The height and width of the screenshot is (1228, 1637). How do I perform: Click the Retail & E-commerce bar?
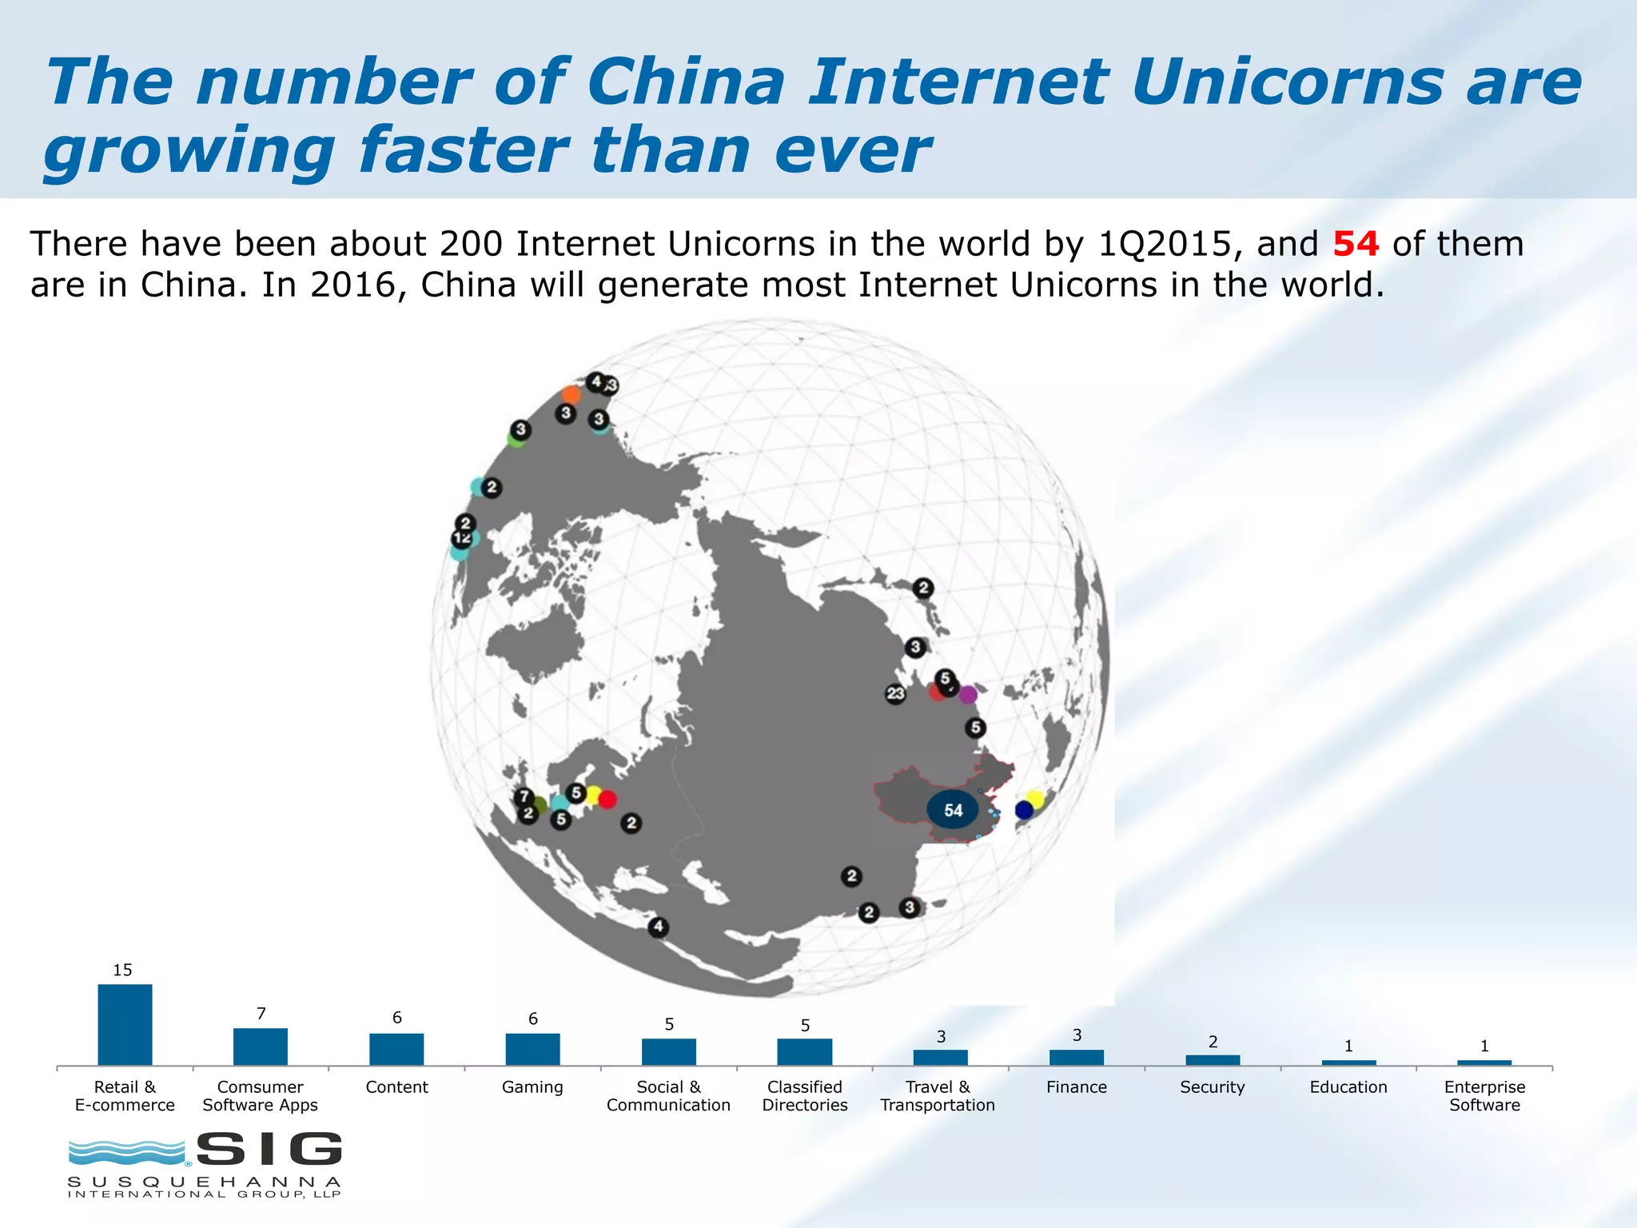coord(125,1024)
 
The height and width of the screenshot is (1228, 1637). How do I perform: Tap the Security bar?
coord(1213,1059)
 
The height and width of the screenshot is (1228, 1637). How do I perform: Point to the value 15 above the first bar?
coord(122,970)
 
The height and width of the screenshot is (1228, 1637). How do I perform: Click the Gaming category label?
coord(532,1087)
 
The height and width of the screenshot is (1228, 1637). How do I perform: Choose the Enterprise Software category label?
coord(1484,1096)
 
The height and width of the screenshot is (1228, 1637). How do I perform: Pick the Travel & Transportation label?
coord(938,1096)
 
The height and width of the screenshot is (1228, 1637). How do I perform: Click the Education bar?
coord(1348,1063)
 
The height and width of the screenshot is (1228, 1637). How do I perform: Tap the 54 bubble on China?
coord(953,810)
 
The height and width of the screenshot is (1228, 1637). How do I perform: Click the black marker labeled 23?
coord(895,693)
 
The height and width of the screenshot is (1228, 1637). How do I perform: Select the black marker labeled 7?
coord(524,796)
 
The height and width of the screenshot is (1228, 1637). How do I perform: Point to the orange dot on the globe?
coord(571,394)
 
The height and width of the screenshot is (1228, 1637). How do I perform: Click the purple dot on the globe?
coord(968,694)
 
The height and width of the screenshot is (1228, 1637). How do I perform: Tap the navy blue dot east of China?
coord(1024,810)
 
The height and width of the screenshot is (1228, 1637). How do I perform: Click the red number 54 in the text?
coord(1356,244)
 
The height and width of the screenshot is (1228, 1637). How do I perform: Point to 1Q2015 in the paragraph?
coord(1164,244)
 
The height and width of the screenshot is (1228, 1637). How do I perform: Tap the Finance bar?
coord(1077,1057)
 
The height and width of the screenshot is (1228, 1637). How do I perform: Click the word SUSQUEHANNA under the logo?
coord(205,1182)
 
